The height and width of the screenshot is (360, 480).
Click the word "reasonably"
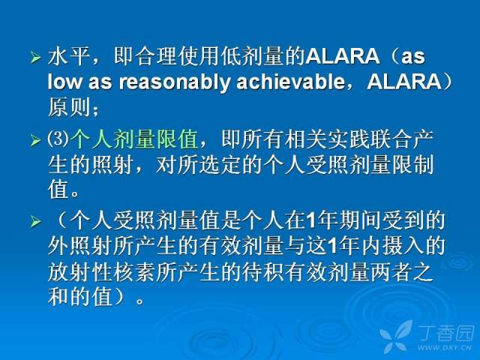point(174,82)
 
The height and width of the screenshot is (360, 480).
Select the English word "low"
point(65,82)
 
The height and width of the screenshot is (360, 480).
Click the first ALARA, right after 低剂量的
point(342,56)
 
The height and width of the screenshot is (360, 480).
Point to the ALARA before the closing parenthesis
point(403,82)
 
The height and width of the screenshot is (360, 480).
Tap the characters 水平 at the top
point(70,56)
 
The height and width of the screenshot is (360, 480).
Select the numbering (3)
point(58,139)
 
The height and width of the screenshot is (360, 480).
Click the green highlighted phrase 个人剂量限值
point(133,139)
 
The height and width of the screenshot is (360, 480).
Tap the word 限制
point(413,164)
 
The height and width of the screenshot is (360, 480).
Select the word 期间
point(360,220)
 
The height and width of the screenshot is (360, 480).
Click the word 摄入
point(403,245)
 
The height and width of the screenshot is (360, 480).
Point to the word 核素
point(133,271)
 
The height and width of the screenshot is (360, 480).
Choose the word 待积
point(262,271)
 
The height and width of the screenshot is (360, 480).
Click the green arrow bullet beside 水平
point(36,57)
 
